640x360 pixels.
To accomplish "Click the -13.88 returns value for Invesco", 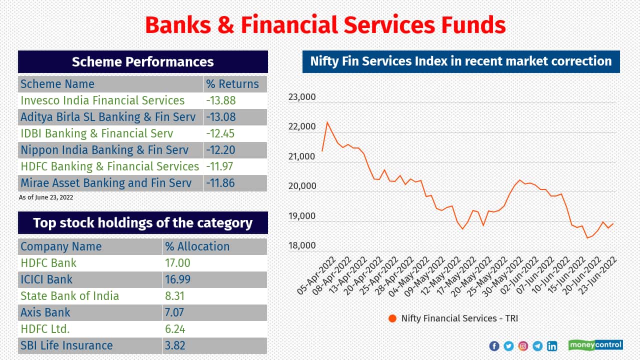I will pyautogui.click(x=220, y=100).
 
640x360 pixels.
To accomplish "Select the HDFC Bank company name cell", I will pyautogui.click(x=48, y=263).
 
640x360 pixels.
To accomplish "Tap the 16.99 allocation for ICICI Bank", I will pyautogui.click(x=177, y=279).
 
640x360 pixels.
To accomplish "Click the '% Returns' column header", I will pyautogui.click(x=232, y=84).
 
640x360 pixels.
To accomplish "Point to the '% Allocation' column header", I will pyautogui.click(x=197, y=246).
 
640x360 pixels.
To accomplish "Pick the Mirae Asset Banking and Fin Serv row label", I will pyautogui.click(x=106, y=183).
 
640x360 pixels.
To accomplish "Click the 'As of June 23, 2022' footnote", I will pyautogui.click(x=46, y=197).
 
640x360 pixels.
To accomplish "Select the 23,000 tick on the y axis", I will pyautogui.click(x=302, y=97).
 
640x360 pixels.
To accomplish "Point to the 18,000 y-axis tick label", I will pyautogui.click(x=302, y=246).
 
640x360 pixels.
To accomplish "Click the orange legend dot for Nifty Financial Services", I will pyautogui.click(x=392, y=318).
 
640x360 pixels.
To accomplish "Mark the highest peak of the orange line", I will pyautogui.click(x=327, y=122).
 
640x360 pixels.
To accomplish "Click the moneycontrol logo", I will pyautogui.click(x=595, y=345).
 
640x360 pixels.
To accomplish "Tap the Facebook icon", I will pyautogui.click(x=494, y=346).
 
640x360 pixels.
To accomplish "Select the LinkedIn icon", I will pyautogui.click(x=552, y=346).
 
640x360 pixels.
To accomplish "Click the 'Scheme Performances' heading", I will pyautogui.click(x=142, y=62).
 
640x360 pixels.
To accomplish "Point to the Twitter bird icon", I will pyautogui.click(x=508, y=346).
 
